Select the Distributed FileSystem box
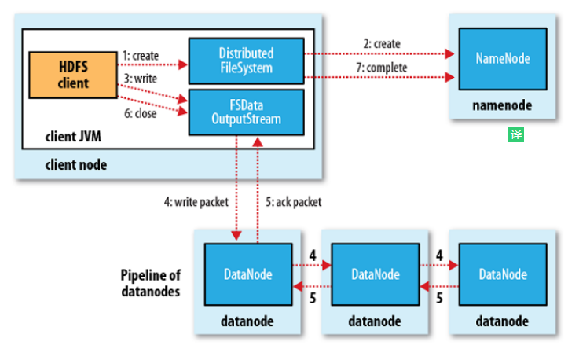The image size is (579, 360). click(x=246, y=61)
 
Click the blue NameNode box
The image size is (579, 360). click(x=503, y=59)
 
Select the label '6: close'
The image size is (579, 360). click(x=139, y=113)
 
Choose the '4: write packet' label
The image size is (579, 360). click(x=196, y=201)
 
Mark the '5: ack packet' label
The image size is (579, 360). click(x=293, y=201)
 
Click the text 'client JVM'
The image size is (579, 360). click(x=73, y=138)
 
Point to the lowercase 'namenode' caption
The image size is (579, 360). click(x=502, y=105)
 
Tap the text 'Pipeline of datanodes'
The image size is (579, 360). click(x=152, y=281)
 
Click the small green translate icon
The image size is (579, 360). click(x=515, y=134)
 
